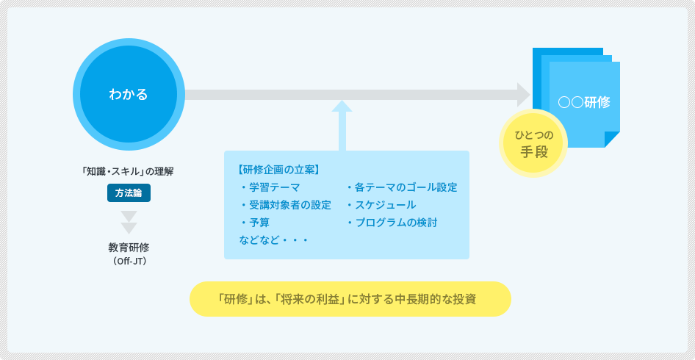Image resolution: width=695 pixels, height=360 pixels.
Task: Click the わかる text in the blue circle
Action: (128, 95)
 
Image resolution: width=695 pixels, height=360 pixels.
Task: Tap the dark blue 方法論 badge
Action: (129, 192)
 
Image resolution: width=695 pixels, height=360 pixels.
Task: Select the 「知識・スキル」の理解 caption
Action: (128, 172)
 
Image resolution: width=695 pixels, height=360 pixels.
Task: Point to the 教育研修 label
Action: (129, 248)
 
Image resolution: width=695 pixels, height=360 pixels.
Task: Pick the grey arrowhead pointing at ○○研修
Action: (524, 95)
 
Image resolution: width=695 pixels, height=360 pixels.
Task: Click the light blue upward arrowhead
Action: (342, 106)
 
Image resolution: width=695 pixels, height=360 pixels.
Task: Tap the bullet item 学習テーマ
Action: (270, 187)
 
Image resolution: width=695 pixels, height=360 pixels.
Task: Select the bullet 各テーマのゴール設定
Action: (402, 187)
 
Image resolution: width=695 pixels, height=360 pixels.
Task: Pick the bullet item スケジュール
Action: (381, 205)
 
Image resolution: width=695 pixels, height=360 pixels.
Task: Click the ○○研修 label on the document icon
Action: (584, 102)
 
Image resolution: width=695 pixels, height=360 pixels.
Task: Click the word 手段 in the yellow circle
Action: (533, 152)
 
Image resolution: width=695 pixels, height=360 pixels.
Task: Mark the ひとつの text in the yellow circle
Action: (533, 134)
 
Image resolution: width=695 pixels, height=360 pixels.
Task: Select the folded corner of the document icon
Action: (612, 140)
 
